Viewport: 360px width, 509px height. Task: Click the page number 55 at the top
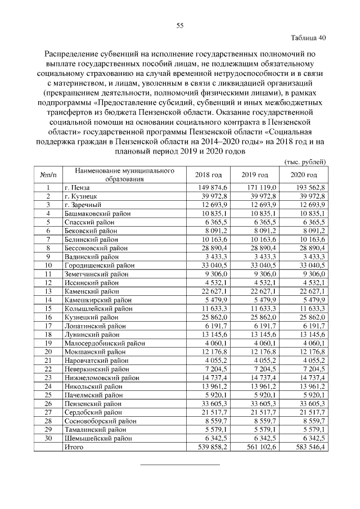[180, 25]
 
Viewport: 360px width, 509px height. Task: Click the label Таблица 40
[308, 38]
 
